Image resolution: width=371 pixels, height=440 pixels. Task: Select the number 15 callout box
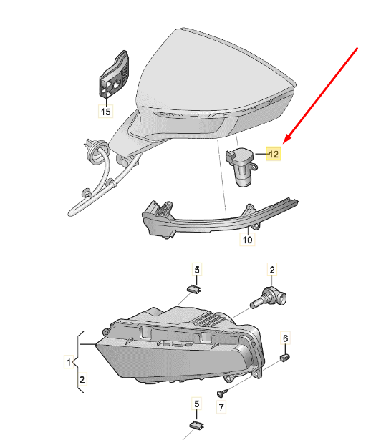coord(105,111)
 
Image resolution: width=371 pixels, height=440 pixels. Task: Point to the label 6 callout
coord(285,338)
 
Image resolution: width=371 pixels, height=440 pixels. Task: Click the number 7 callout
coord(221,408)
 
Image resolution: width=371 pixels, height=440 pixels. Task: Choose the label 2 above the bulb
coord(272,270)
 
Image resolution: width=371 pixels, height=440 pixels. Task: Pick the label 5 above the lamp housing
coord(196,270)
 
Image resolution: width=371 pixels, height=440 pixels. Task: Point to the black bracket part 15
coord(113,75)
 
